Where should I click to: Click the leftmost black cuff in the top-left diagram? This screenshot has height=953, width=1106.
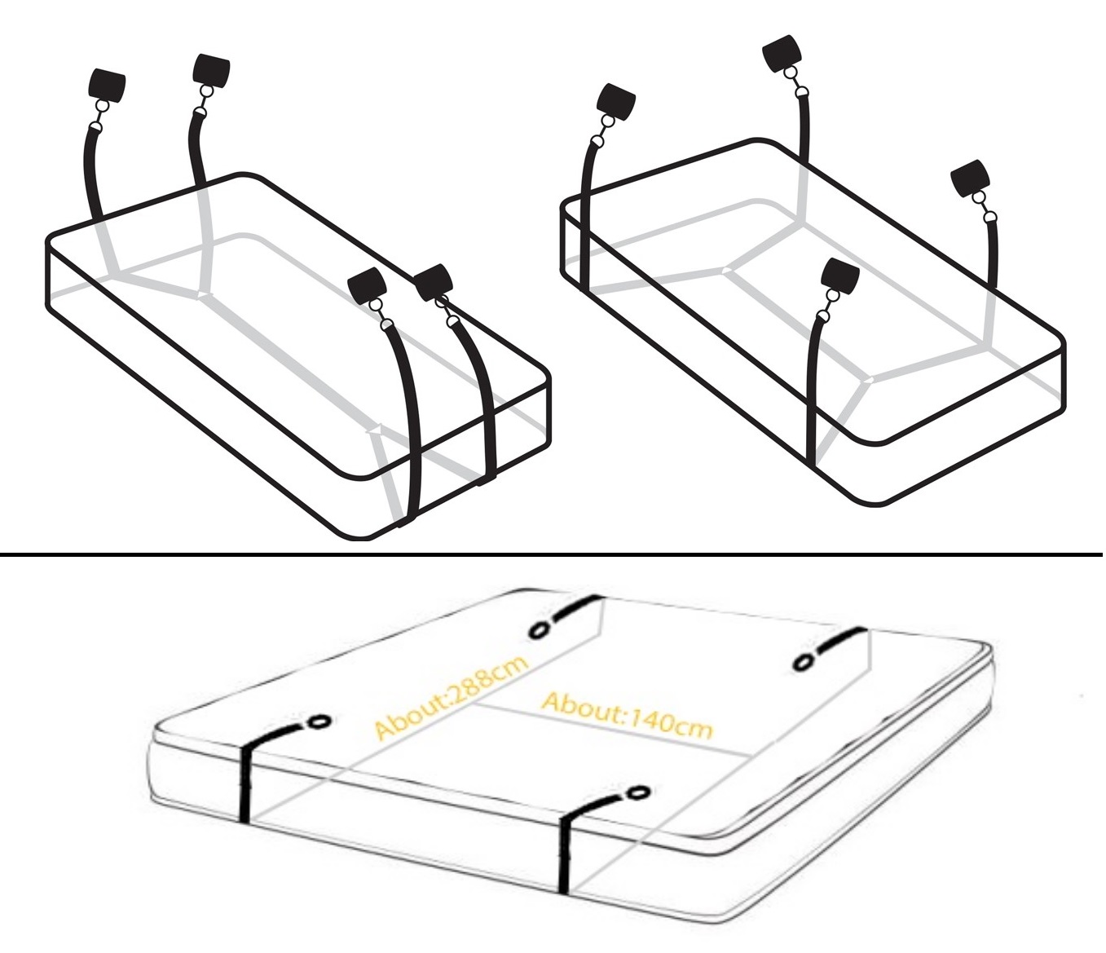click(107, 84)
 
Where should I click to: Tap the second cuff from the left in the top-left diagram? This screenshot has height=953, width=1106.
click(212, 70)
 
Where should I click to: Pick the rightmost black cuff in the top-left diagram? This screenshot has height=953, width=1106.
click(434, 281)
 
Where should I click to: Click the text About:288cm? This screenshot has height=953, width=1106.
click(451, 696)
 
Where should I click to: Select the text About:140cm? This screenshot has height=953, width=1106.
click(627, 716)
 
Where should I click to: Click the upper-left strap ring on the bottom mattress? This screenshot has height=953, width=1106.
click(538, 630)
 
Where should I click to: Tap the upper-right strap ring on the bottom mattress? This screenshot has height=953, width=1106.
click(803, 663)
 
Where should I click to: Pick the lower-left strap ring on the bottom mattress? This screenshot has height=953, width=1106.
click(320, 721)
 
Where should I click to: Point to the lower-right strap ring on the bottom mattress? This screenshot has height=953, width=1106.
click(639, 792)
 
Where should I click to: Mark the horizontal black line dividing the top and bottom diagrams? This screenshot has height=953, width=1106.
click(551, 555)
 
